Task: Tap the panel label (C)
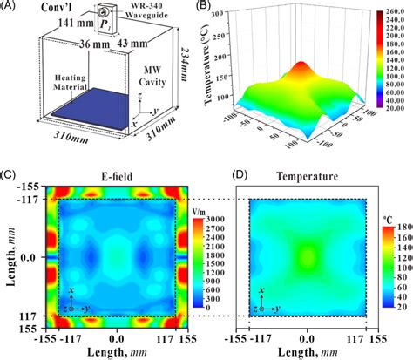(x=10, y=177)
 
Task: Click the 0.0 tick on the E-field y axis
(x=30, y=258)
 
